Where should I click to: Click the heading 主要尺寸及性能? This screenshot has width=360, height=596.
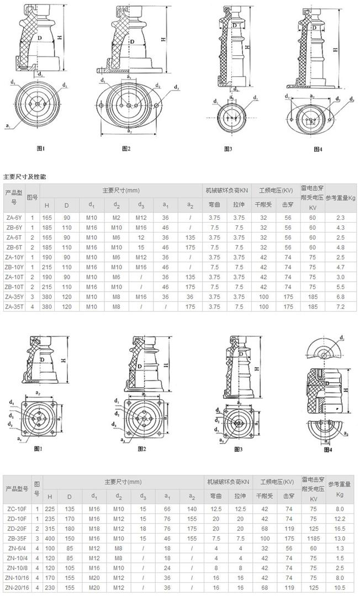pyautogui.click(x=25, y=177)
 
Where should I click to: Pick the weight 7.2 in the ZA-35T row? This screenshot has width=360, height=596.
pyautogui.click(x=340, y=305)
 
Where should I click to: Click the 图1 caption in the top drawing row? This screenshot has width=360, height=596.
pyautogui.click(x=40, y=149)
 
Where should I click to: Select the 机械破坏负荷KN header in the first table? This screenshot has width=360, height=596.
pyautogui.click(x=226, y=189)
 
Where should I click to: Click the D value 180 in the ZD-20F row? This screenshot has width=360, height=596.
pyautogui.click(x=70, y=528)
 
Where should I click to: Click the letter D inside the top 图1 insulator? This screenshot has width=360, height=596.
pyautogui.click(x=40, y=37)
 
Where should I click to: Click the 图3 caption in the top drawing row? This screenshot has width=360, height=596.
pyautogui.click(x=228, y=149)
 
